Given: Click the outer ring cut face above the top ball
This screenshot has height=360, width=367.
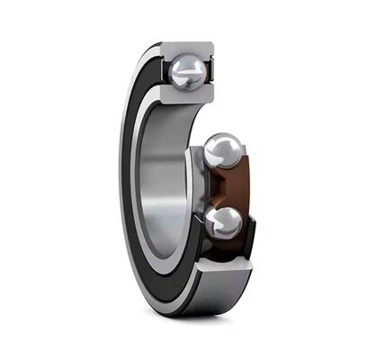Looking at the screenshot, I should pos(191,46).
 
